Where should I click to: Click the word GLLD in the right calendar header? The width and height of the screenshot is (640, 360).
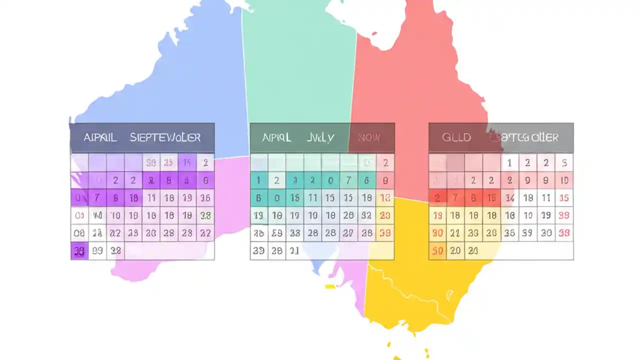click(456, 137)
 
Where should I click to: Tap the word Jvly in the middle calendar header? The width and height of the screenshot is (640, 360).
click(320, 137)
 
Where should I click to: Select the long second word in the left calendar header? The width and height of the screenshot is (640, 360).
click(165, 137)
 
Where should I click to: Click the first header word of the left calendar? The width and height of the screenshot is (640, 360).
click(100, 137)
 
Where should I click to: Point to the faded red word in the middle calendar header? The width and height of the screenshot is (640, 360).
click(369, 137)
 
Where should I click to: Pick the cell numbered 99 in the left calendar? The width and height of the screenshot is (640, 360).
click(97, 251)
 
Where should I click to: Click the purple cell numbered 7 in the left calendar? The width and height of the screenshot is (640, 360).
click(97, 198)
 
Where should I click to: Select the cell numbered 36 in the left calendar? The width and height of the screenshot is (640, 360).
click(205, 198)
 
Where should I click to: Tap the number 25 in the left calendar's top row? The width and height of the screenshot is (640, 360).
click(169, 162)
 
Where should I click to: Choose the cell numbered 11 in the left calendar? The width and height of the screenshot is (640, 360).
click(151, 198)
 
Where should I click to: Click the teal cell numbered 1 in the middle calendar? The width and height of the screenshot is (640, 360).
click(258, 180)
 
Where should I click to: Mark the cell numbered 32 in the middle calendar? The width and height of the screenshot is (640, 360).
click(366, 215)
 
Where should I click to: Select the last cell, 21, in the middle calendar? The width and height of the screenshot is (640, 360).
click(294, 251)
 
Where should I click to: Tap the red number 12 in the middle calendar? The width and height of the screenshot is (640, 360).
click(384, 198)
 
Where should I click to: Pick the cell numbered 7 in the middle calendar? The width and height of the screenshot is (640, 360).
click(348, 180)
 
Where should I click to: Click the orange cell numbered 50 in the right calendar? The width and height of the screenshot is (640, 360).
click(437, 251)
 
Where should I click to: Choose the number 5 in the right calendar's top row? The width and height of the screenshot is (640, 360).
click(564, 162)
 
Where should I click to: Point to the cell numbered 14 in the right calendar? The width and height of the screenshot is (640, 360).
click(509, 198)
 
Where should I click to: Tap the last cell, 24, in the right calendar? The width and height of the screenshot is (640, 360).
click(473, 251)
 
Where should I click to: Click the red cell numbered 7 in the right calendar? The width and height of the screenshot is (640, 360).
click(455, 198)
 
